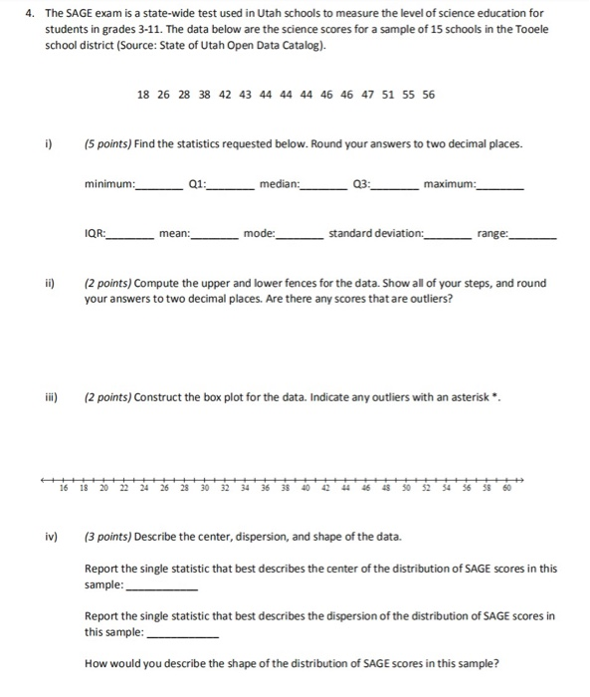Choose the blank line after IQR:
click(x=131, y=237)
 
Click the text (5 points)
click(x=109, y=143)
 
